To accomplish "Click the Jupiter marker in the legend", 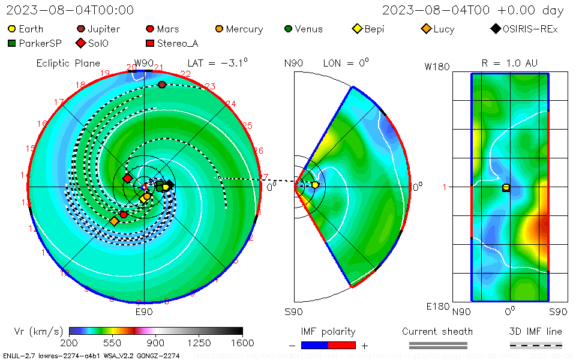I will pos(81,29).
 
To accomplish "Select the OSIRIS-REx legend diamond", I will pos(495,29).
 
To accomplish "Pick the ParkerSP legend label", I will pos(40,43).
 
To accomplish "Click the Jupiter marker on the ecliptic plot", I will pos(162,85).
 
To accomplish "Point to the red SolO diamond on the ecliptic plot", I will pos(127,178).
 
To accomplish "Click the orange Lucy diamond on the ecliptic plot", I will pos(114,221).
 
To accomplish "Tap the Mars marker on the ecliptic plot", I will pos(124,214).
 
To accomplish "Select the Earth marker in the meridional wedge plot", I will pos(315,185).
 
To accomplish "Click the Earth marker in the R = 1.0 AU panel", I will pos(506,187).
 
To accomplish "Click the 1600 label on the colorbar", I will pos(242,343).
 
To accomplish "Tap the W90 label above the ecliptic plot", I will pos(144,63).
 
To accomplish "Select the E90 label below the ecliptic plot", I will pos(144,312).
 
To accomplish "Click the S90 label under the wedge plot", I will pos(293,312).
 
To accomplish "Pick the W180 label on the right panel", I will pos(437,67).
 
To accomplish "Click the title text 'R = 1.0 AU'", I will pos(509,63).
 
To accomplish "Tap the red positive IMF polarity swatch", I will pos(342,345).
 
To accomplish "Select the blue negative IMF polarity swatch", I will pos(314,345).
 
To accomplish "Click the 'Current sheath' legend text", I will pos(437,332).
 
